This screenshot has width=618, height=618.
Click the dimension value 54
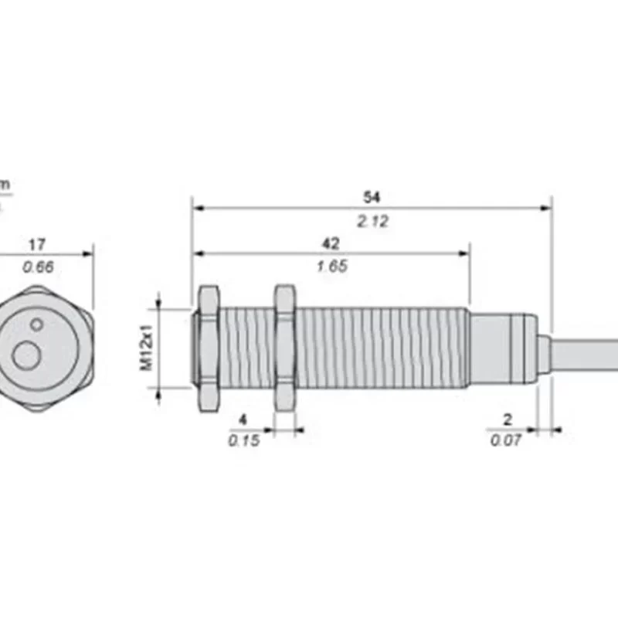372,197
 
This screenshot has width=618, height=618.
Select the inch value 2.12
372,221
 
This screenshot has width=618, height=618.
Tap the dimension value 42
331,243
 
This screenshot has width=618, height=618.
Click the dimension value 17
36,245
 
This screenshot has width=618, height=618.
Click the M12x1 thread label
146,348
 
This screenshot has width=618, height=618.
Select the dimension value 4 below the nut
243,419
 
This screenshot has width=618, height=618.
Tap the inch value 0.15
243,440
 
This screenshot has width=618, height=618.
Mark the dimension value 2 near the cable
507,419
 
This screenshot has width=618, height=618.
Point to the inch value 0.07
506,440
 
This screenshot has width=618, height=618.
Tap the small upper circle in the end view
36,323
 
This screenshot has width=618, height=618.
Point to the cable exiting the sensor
587,354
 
